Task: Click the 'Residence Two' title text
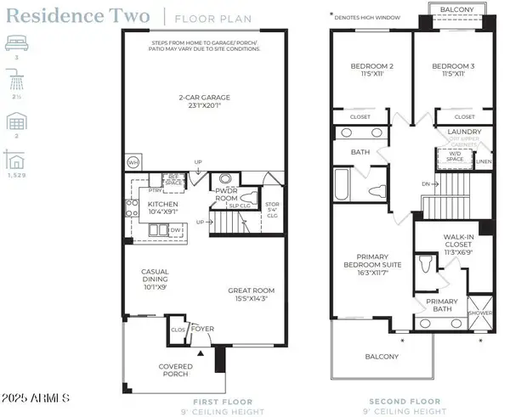pyautogui.click(x=82, y=15)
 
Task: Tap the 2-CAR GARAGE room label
pyautogui.click(x=203, y=97)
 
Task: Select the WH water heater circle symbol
pyautogui.click(x=133, y=161)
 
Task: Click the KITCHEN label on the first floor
pyautogui.click(x=162, y=205)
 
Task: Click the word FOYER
pyautogui.click(x=203, y=328)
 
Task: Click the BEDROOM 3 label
pyautogui.click(x=451, y=65)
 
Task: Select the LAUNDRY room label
pyautogui.click(x=464, y=132)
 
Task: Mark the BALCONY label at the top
pyautogui.click(x=457, y=10)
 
